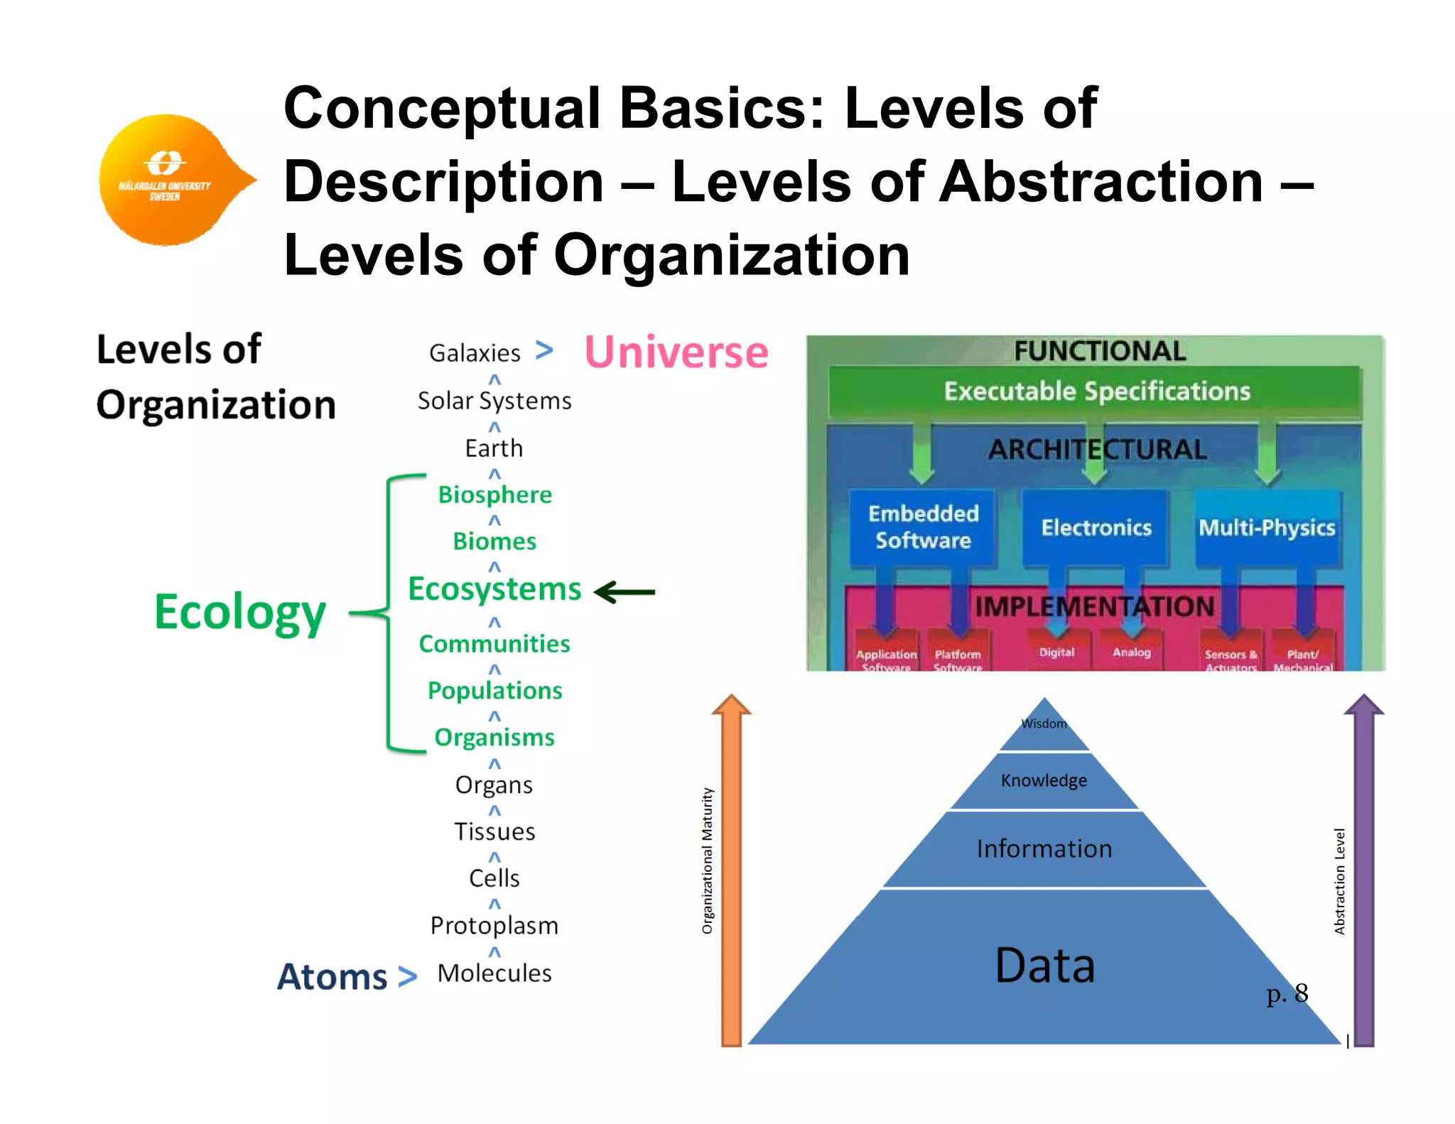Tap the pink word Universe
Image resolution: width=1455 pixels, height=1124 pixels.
(676, 352)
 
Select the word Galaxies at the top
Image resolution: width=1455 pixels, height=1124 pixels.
(475, 353)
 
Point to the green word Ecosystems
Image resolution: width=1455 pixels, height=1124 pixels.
(494, 589)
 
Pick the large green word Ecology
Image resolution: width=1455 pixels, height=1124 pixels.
(240, 612)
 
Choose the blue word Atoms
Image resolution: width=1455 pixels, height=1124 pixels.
(332, 977)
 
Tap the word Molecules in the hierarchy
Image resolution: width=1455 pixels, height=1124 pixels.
(494, 973)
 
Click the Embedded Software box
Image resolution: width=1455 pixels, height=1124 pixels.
(923, 527)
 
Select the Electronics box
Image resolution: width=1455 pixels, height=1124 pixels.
(1096, 527)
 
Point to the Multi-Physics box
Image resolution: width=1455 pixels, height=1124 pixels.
(1267, 527)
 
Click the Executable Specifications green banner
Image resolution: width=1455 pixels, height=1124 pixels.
(1096, 391)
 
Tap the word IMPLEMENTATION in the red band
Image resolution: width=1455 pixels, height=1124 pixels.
(1094, 607)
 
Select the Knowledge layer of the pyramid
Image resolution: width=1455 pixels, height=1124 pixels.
(1044, 781)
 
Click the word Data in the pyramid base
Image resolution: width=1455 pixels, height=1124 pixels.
(1045, 966)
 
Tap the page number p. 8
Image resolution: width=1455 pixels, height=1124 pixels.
(1287, 993)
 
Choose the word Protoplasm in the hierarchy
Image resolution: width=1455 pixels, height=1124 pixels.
(494, 926)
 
